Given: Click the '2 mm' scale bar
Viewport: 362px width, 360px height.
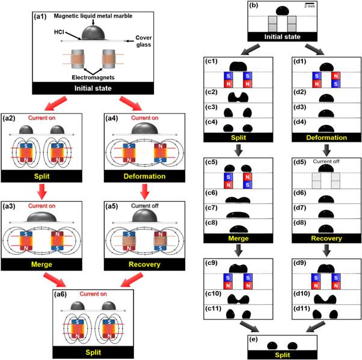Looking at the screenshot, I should (310, 5).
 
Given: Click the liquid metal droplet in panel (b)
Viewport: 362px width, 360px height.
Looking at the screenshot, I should (283, 11).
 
